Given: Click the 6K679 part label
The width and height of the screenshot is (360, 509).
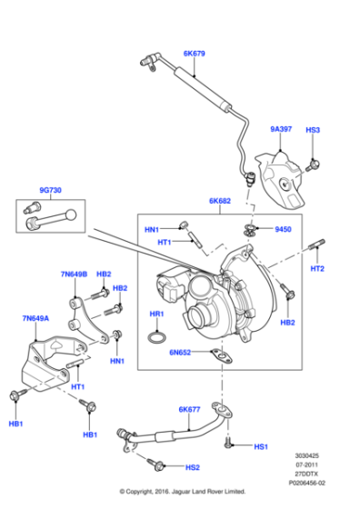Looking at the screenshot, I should pos(195,55).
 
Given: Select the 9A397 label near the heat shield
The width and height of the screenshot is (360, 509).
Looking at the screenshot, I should pos(280,130).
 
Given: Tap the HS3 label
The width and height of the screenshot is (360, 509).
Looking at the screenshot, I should pos(313,130).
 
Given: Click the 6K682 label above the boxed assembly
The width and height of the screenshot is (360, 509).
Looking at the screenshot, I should pos(220,201).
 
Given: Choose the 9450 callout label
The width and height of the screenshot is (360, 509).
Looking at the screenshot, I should pos(283,230).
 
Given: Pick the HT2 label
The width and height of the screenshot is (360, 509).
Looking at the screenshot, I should pos(317,268).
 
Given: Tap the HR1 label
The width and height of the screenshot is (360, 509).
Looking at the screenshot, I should pos(157,314).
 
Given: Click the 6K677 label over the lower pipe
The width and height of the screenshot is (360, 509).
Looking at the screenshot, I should pos(189,410).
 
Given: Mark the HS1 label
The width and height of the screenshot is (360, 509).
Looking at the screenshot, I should pos(261,447).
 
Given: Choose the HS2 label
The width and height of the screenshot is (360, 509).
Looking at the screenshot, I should pos(192,467).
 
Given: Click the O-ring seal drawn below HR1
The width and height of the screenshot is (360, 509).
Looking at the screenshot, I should pos(156,338).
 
